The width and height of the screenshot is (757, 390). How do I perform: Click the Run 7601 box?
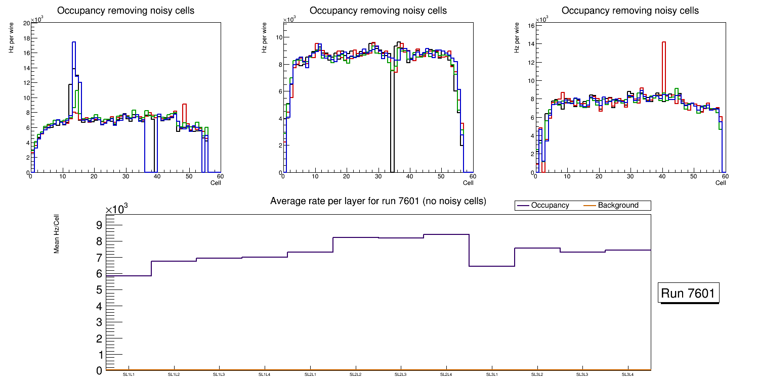coord(688,294)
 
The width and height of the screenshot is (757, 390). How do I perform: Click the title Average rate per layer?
coord(378,201)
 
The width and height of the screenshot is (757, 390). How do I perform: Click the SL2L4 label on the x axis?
coord(446,375)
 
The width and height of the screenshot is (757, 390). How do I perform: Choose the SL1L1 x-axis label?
coord(129,375)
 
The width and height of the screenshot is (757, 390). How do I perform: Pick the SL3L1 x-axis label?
coord(491,375)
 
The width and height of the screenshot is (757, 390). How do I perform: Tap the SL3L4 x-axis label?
coord(627,375)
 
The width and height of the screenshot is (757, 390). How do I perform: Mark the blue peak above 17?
coord(74,42)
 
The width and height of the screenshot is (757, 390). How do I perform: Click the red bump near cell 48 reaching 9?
coord(185,105)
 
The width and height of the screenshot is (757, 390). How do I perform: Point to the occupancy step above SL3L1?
coord(492,266)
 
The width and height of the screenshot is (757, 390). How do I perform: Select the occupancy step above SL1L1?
coord(129,276)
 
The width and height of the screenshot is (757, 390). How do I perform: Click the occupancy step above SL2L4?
coord(446,234)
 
